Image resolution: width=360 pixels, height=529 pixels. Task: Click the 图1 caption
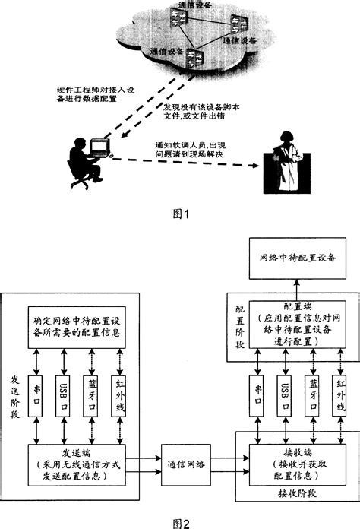180,215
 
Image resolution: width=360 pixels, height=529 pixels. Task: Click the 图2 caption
180,522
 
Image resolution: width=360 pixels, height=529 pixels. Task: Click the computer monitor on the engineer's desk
99,145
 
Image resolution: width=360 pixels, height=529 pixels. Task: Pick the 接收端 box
292,459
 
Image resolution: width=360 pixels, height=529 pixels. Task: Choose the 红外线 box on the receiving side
339,397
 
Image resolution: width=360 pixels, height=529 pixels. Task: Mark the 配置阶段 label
240,326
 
